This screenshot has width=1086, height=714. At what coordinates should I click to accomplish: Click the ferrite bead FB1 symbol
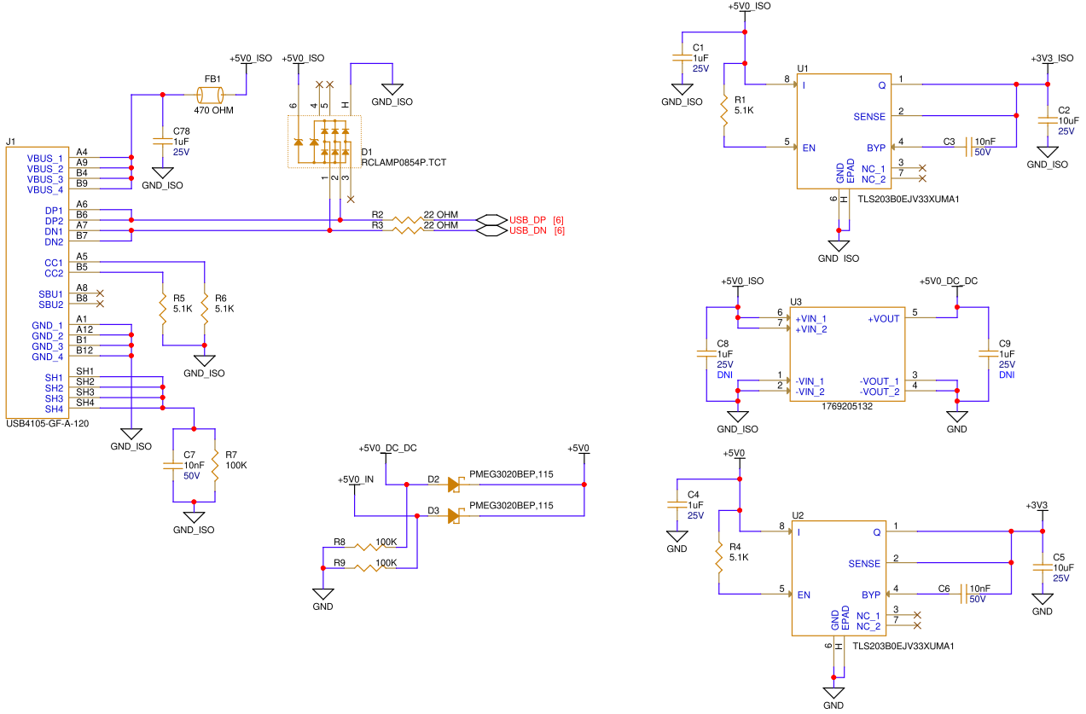pyautogui.click(x=210, y=95)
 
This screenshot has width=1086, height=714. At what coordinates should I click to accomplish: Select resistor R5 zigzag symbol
pyautogui.click(x=163, y=309)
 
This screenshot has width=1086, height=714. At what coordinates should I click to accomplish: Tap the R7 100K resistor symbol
pyautogui.click(x=215, y=465)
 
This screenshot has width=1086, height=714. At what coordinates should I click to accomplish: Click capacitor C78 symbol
pyautogui.click(x=163, y=142)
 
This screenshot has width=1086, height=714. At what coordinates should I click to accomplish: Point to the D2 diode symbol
pyautogui.click(x=455, y=485)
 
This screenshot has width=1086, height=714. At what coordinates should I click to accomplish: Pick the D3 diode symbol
pyautogui.click(x=455, y=516)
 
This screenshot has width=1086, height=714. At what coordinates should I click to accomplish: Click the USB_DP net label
pyautogui.click(x=527, y=220)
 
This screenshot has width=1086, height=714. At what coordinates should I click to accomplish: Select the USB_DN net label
pyautogui.click(x=527, y=230)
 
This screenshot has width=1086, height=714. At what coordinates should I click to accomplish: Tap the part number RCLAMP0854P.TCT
pyautogui.click(x=404, y=162)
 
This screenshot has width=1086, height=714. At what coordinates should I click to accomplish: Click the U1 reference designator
pyautogui.click(x=803, y=68)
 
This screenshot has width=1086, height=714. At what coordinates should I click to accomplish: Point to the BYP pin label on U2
pyautogui.click(x=871, y=595)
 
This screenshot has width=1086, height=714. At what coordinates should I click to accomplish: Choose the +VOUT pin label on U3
pyautogui.click(x=883, y=319)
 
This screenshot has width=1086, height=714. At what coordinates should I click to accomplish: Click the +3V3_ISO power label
pyautogui.click(x=1052, y=58)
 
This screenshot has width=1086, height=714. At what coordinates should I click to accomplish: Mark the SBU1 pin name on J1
pyautogui.click(x=51, y=294)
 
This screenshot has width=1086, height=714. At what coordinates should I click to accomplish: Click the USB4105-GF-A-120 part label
pyautogui.click(x=48, y=424)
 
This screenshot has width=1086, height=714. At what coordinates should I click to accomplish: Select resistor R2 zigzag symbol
pyautogui.click(x=408, y=220)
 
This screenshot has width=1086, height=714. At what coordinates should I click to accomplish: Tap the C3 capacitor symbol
pyautogui.click(x=969, y=147)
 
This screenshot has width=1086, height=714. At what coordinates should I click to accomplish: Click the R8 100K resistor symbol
pyautogui.click(x=370, y=548)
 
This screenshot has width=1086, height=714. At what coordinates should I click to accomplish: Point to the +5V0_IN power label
pyautogui.click(x=356, y=480)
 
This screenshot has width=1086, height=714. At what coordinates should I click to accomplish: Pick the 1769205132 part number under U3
pyautogui.click(x=847, y=407)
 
